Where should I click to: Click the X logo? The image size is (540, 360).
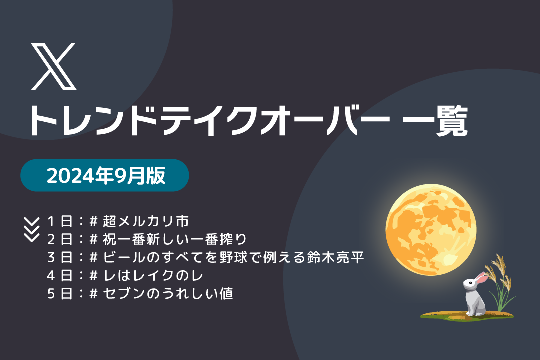click(53, 67)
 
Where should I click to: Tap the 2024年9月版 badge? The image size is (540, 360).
click(105, 175)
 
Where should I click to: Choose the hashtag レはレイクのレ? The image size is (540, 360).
click(146, 275)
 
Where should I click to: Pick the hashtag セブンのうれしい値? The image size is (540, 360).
click(161, 294)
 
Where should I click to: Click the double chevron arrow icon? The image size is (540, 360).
click(31, 229)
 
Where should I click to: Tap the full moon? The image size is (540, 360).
click(431, 230)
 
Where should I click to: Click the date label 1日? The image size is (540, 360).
click(60, 221)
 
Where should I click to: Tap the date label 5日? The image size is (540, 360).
click(60, 294)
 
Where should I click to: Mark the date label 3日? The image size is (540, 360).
click(60, 257)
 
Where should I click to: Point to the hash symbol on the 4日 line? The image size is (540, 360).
click(93, 275)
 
